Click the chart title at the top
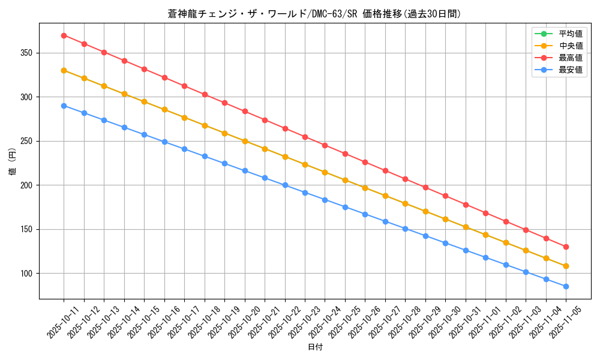point(314,14)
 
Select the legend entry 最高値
point(571,58)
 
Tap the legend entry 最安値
point(571,70)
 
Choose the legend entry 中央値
point(571,46)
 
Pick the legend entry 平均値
point(571,34)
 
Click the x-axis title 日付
point(315,347)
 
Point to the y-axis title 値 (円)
point(13,161)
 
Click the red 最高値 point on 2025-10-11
point(64,35)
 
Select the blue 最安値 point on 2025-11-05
point(566,286)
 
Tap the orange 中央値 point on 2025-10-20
point(245,141)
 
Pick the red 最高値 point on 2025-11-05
point(566,247)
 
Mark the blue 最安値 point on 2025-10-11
point(64,106)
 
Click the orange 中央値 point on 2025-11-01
point(485,235)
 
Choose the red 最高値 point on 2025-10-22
point(285,128)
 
